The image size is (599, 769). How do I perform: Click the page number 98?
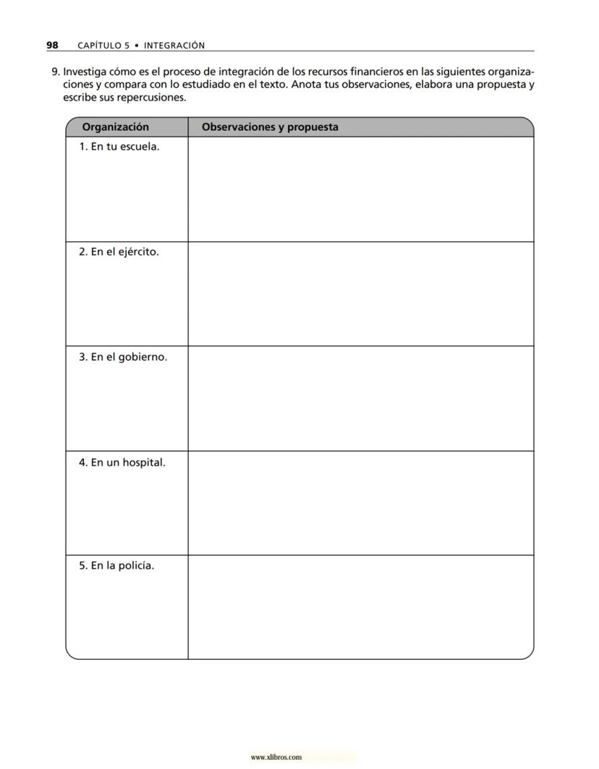point(52,45)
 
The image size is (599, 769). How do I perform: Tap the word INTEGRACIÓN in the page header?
point(174,46)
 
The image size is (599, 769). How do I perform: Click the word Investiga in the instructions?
point(85,72)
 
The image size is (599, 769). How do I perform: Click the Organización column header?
point(116,127)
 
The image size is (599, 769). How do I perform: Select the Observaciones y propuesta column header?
point(270,127)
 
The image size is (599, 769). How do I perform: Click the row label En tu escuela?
point(119,147)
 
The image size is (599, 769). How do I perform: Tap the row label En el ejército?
point(119,252)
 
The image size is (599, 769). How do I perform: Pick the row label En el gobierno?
point(123,357)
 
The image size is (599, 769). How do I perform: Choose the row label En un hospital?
point(122,462)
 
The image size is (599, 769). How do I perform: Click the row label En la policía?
point(116,566)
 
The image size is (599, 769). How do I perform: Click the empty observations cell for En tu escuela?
point(360,189)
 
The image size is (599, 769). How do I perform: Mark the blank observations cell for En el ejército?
point(360,294)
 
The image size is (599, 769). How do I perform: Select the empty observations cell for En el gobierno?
point(360,399)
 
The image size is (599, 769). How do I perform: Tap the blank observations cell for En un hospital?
point(360,503)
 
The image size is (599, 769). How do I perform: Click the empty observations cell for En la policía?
point(360,607)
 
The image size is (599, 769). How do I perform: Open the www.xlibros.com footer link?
point(276,757)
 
